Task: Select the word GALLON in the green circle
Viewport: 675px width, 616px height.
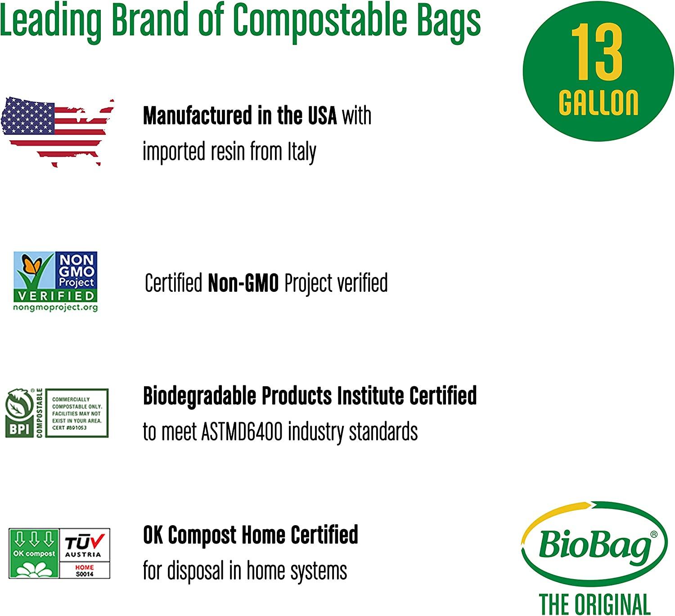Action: (598, 103)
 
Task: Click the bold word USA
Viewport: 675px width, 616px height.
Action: (322, 116)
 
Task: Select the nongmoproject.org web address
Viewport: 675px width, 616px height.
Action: (55, 308)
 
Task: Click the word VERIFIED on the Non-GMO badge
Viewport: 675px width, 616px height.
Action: (55, 295)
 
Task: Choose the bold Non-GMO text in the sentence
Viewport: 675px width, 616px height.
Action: (243, 283)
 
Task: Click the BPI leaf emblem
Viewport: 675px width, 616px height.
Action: (19, 406)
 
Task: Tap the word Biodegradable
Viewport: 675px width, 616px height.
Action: (199, 396)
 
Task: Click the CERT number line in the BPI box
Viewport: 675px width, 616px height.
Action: (69, 428)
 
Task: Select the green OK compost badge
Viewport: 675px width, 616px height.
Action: (34, 553)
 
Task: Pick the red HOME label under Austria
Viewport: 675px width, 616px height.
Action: (84, 567)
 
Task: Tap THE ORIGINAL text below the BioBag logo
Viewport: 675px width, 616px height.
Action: (594, 604)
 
